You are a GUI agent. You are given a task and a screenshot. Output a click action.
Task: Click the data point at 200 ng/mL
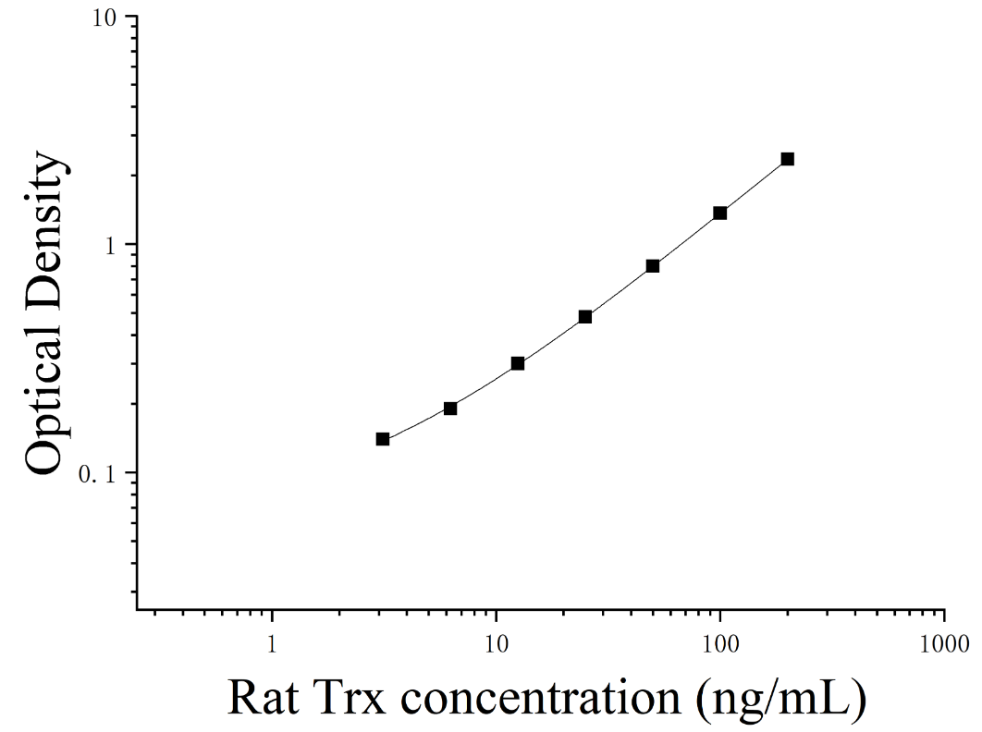pyautogui.click(x=787, y=159)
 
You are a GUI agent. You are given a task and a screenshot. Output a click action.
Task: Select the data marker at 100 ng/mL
pyautogui.click(x=720, y=213)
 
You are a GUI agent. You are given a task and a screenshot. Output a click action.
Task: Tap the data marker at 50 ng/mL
pyautogui.click(x=653, y=266)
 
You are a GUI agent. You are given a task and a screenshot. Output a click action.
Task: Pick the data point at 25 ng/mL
pyautogui.click(x=585, y=317)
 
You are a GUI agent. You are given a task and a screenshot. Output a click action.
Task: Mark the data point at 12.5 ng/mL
pyautogui.click(x=517, y=363)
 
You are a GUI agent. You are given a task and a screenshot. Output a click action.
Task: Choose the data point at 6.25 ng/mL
pyautogui.click(x=450, y=409)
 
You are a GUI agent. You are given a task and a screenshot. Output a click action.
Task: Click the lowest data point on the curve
pyautogui.click(x=383, y=439)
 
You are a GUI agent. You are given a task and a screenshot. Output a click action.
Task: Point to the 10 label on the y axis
pyautogui.click(x=105, y=18)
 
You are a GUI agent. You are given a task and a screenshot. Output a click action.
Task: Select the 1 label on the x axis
pyautogui.click(x=272, y=643)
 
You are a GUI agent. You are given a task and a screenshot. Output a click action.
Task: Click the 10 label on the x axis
pyautogui.click(x=496, y=643)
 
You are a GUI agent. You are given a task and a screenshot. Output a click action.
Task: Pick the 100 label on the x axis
pyautogui.click(x=720, y=643)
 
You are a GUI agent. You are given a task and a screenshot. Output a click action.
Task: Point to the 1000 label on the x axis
pyautogui.click(x=944, y=643)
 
